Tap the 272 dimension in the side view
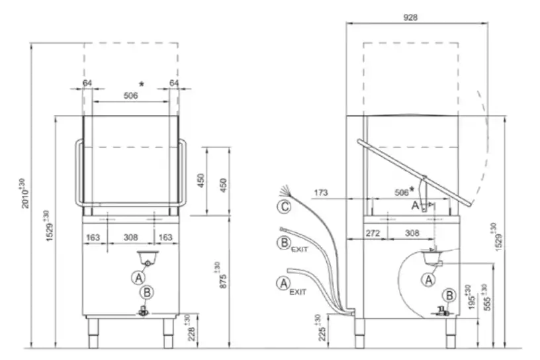pos(373,233)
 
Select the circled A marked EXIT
pos(283,283)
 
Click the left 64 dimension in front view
pos(87,83)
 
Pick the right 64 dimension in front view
pos(174,83)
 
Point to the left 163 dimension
pos(93,236)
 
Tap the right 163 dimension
pos(166,236)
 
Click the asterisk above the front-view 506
pos(141,83)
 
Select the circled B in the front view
pos(147,291)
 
